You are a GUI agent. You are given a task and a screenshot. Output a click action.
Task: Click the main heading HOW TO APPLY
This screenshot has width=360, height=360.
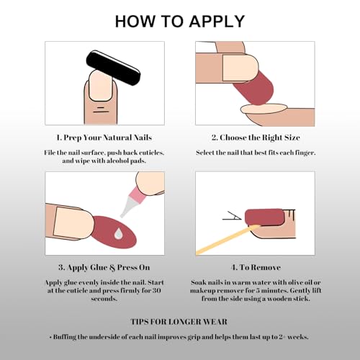coord(180,22)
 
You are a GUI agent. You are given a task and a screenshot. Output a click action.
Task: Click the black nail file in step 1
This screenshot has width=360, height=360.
coord(113,68)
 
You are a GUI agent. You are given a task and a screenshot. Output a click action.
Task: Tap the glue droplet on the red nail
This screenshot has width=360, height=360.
coord(118,234)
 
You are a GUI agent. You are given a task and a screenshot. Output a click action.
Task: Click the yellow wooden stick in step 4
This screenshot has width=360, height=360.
coord(228,240)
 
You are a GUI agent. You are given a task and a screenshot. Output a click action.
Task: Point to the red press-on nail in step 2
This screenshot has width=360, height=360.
coord(254,89)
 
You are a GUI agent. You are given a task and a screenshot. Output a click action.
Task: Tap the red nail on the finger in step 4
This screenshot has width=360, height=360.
coord(264,217)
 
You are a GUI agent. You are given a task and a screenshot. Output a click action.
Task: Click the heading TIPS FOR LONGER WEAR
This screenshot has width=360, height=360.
coord(179,322)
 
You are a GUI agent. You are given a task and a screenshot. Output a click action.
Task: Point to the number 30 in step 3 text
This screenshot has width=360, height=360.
coord(156,291)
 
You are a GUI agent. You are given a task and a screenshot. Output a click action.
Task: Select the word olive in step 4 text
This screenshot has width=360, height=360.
coord(297,282)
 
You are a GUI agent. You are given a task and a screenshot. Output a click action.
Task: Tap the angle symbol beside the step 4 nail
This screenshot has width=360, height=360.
coord(232,215)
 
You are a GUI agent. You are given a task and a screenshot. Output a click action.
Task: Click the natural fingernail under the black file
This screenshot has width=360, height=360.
coord(101,86)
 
